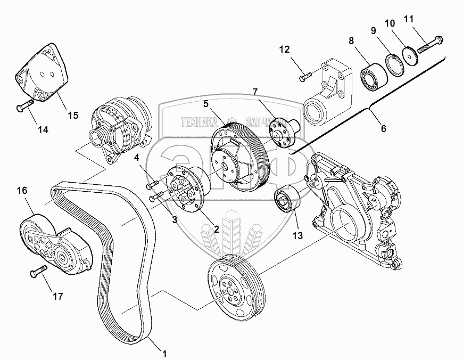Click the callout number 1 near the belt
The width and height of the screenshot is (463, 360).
[164, 353]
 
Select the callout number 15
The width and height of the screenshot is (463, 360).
[72, 114]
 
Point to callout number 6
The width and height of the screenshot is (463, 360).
[383, 128]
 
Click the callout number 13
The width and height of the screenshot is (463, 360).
[297, 235]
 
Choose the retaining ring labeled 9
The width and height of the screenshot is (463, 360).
[391, 65]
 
